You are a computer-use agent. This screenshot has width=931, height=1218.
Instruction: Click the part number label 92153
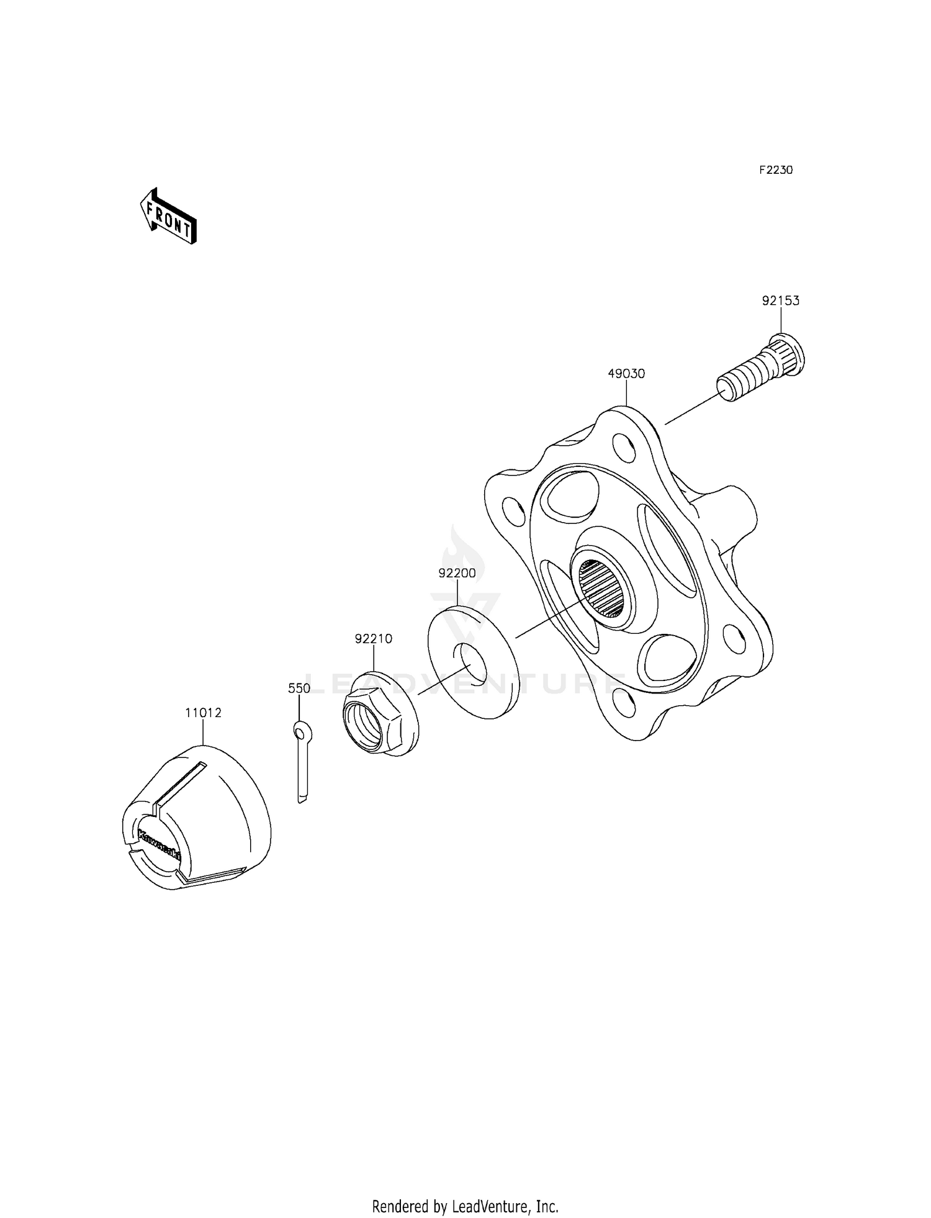(x=780, y=301)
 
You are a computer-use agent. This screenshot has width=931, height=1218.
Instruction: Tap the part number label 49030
(x=626, y=374)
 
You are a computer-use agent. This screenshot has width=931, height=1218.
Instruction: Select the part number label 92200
(x=457, y=574)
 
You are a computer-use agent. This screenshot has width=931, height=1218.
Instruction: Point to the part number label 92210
(x=374, y=639)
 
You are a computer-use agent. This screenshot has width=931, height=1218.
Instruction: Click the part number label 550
(x=299, y=688)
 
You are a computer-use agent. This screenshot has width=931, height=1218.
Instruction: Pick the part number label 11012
(x=203, y=713)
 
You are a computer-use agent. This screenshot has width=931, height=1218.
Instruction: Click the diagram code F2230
(x=776, y=170)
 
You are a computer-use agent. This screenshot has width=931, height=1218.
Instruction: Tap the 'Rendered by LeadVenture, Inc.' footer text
(x=465, y=1206)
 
